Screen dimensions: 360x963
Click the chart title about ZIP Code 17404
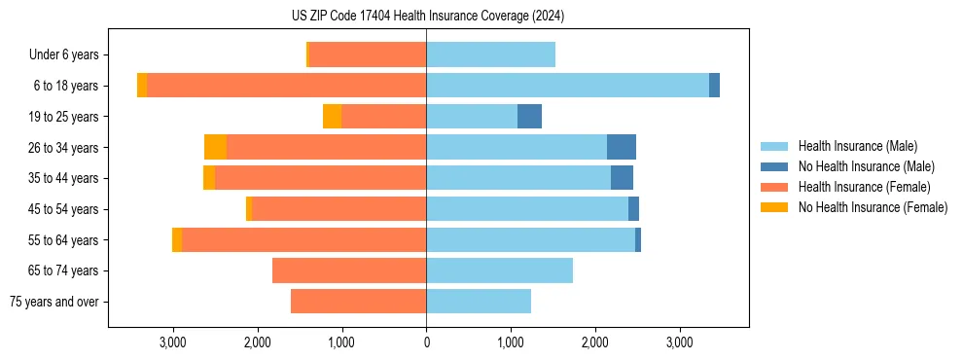point(428,17)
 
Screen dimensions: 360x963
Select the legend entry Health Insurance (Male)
point(856,146)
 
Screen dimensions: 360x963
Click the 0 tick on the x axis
point(426,343)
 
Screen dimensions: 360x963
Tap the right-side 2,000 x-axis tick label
point(595,343)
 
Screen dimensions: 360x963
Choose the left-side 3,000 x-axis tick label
point(173,343)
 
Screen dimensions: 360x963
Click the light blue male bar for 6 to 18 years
point(567,86)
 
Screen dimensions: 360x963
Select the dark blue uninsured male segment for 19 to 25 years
point(529,117)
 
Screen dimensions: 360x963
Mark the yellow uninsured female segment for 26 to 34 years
point(215,147)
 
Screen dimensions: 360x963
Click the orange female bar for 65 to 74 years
point(349,270)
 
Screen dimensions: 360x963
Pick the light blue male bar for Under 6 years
point(490,55)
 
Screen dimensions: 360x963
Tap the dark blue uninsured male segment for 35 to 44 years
point(622,178)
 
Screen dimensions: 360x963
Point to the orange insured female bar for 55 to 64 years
point(303,239)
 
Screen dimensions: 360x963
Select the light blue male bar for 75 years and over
point(479,302)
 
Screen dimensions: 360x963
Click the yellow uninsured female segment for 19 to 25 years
point(332,117)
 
